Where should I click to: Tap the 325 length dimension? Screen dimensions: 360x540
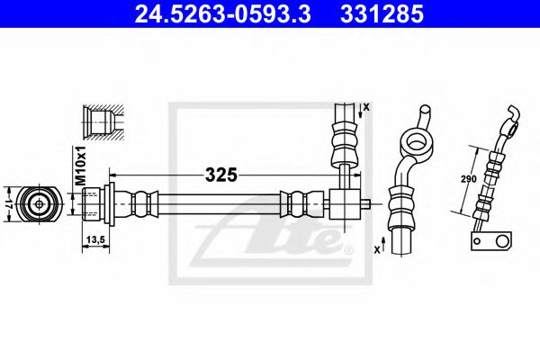(220, 174)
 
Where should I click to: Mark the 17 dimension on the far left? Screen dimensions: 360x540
(7, 202)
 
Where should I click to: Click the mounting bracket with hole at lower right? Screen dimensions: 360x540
(491, 241)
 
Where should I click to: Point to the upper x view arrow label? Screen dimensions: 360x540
(366, 107)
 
